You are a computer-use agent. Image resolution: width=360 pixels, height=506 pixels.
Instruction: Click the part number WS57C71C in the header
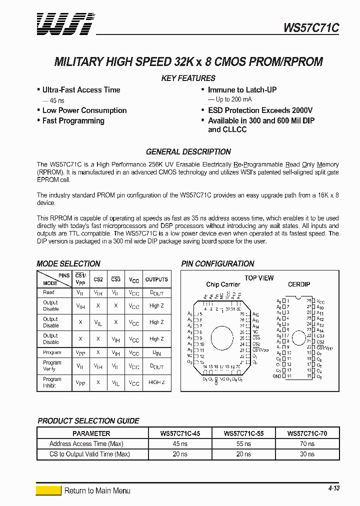pos(311,28)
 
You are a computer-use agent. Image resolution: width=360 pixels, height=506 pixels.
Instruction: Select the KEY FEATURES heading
pos(188,78)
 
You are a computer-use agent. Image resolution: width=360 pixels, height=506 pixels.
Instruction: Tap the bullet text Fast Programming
pos(73,121)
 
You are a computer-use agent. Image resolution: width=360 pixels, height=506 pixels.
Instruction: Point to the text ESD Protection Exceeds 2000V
pos(260,110)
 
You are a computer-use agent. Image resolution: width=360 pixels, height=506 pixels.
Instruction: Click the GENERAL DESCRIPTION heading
pos(188,152)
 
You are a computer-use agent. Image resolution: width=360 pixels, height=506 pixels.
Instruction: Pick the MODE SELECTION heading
pos(68,263)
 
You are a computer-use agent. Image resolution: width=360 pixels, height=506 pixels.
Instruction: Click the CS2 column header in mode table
pos(98,279)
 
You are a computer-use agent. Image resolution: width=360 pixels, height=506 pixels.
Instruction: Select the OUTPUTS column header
pos(156,279)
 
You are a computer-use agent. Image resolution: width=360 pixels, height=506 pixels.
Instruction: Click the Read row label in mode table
pos(49,292)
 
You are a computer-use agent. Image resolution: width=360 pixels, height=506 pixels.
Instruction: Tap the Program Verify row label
pos(52,366)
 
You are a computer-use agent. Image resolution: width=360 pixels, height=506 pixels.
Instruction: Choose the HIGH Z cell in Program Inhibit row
pos(156,382)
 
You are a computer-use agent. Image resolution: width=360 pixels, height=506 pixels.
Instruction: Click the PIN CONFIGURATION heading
pos(217,263)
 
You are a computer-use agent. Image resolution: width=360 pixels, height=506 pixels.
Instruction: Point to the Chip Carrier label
pos(223,284)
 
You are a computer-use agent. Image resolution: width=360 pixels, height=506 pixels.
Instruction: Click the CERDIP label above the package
pos(299,284)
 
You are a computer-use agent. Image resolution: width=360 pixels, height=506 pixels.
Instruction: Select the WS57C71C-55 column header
pos(243,433)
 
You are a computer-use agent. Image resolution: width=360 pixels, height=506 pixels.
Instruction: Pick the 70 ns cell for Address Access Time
pos(307,443)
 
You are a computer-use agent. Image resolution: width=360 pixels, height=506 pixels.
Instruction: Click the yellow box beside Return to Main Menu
pos(48,490)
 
